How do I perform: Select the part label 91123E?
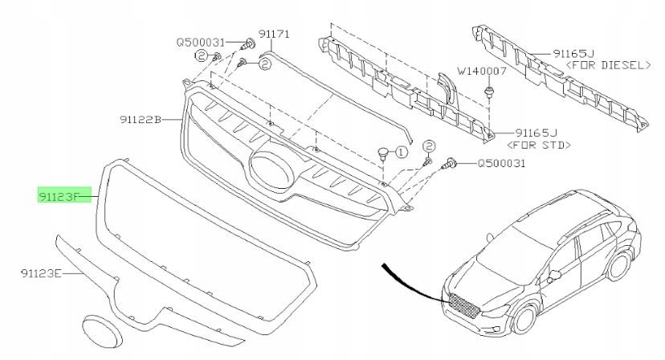click(41, 273)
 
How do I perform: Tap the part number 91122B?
click(141, 121)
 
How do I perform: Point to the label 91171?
click(274, 34)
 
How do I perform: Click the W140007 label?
click(481, 71)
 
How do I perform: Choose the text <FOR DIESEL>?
click(608, 65)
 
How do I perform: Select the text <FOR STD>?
click(539, 145)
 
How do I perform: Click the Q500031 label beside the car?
click(502, 163)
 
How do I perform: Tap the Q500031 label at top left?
click(200, 43)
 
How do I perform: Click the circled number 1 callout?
click(402, 152)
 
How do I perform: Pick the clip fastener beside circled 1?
click(383, 153)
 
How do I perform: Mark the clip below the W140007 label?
click(490, 92)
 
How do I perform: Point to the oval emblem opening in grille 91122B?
click(272, 170)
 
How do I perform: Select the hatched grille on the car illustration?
click(463, 305)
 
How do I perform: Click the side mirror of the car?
click(553, 275)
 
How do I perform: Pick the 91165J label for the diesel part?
click(573, 54)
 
